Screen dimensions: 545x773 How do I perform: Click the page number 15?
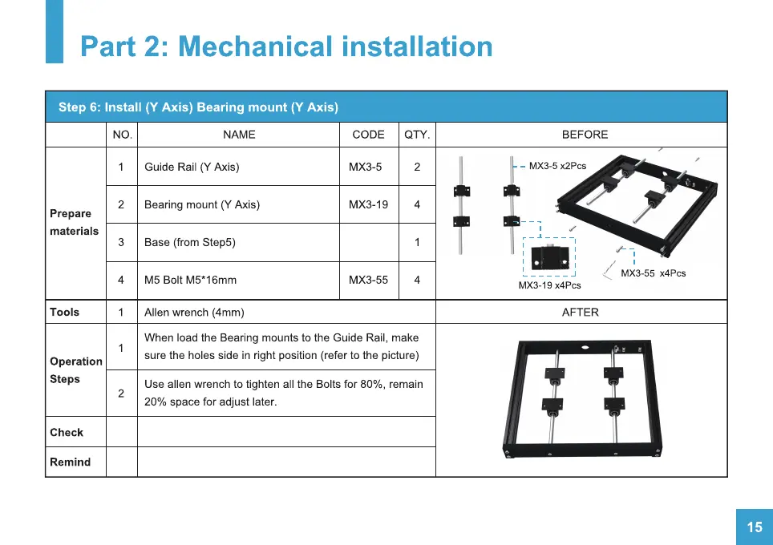pos(755,527)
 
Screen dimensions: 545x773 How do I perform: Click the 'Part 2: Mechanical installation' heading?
pos(286,46)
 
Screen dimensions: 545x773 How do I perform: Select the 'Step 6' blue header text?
pos(198,107)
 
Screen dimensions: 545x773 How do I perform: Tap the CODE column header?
pos(368,135)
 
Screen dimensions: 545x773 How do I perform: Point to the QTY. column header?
pos(417,135)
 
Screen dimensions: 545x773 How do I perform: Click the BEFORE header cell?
pos(585,135)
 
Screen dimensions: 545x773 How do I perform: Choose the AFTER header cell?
pos(581,312)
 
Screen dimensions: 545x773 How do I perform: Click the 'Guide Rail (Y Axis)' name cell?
pos(192,167)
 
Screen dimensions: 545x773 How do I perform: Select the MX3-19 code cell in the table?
pos(368,204)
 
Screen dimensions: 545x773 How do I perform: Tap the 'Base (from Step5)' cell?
pos(190,242)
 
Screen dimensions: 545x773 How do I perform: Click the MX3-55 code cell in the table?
pos(368,280)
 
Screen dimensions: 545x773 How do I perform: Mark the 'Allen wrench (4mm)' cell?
pos(194,312)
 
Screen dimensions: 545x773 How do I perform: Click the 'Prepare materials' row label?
pos(74,223)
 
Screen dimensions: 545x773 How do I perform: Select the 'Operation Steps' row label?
pos(75,370)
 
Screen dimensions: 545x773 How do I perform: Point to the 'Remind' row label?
pos(70,462)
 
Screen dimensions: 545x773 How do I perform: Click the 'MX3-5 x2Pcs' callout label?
pos(557,166)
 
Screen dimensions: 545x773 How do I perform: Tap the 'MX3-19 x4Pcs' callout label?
pos(549,285)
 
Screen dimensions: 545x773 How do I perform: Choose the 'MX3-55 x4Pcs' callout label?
pos(653,273)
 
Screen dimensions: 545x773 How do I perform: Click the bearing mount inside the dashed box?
pos(549,257)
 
